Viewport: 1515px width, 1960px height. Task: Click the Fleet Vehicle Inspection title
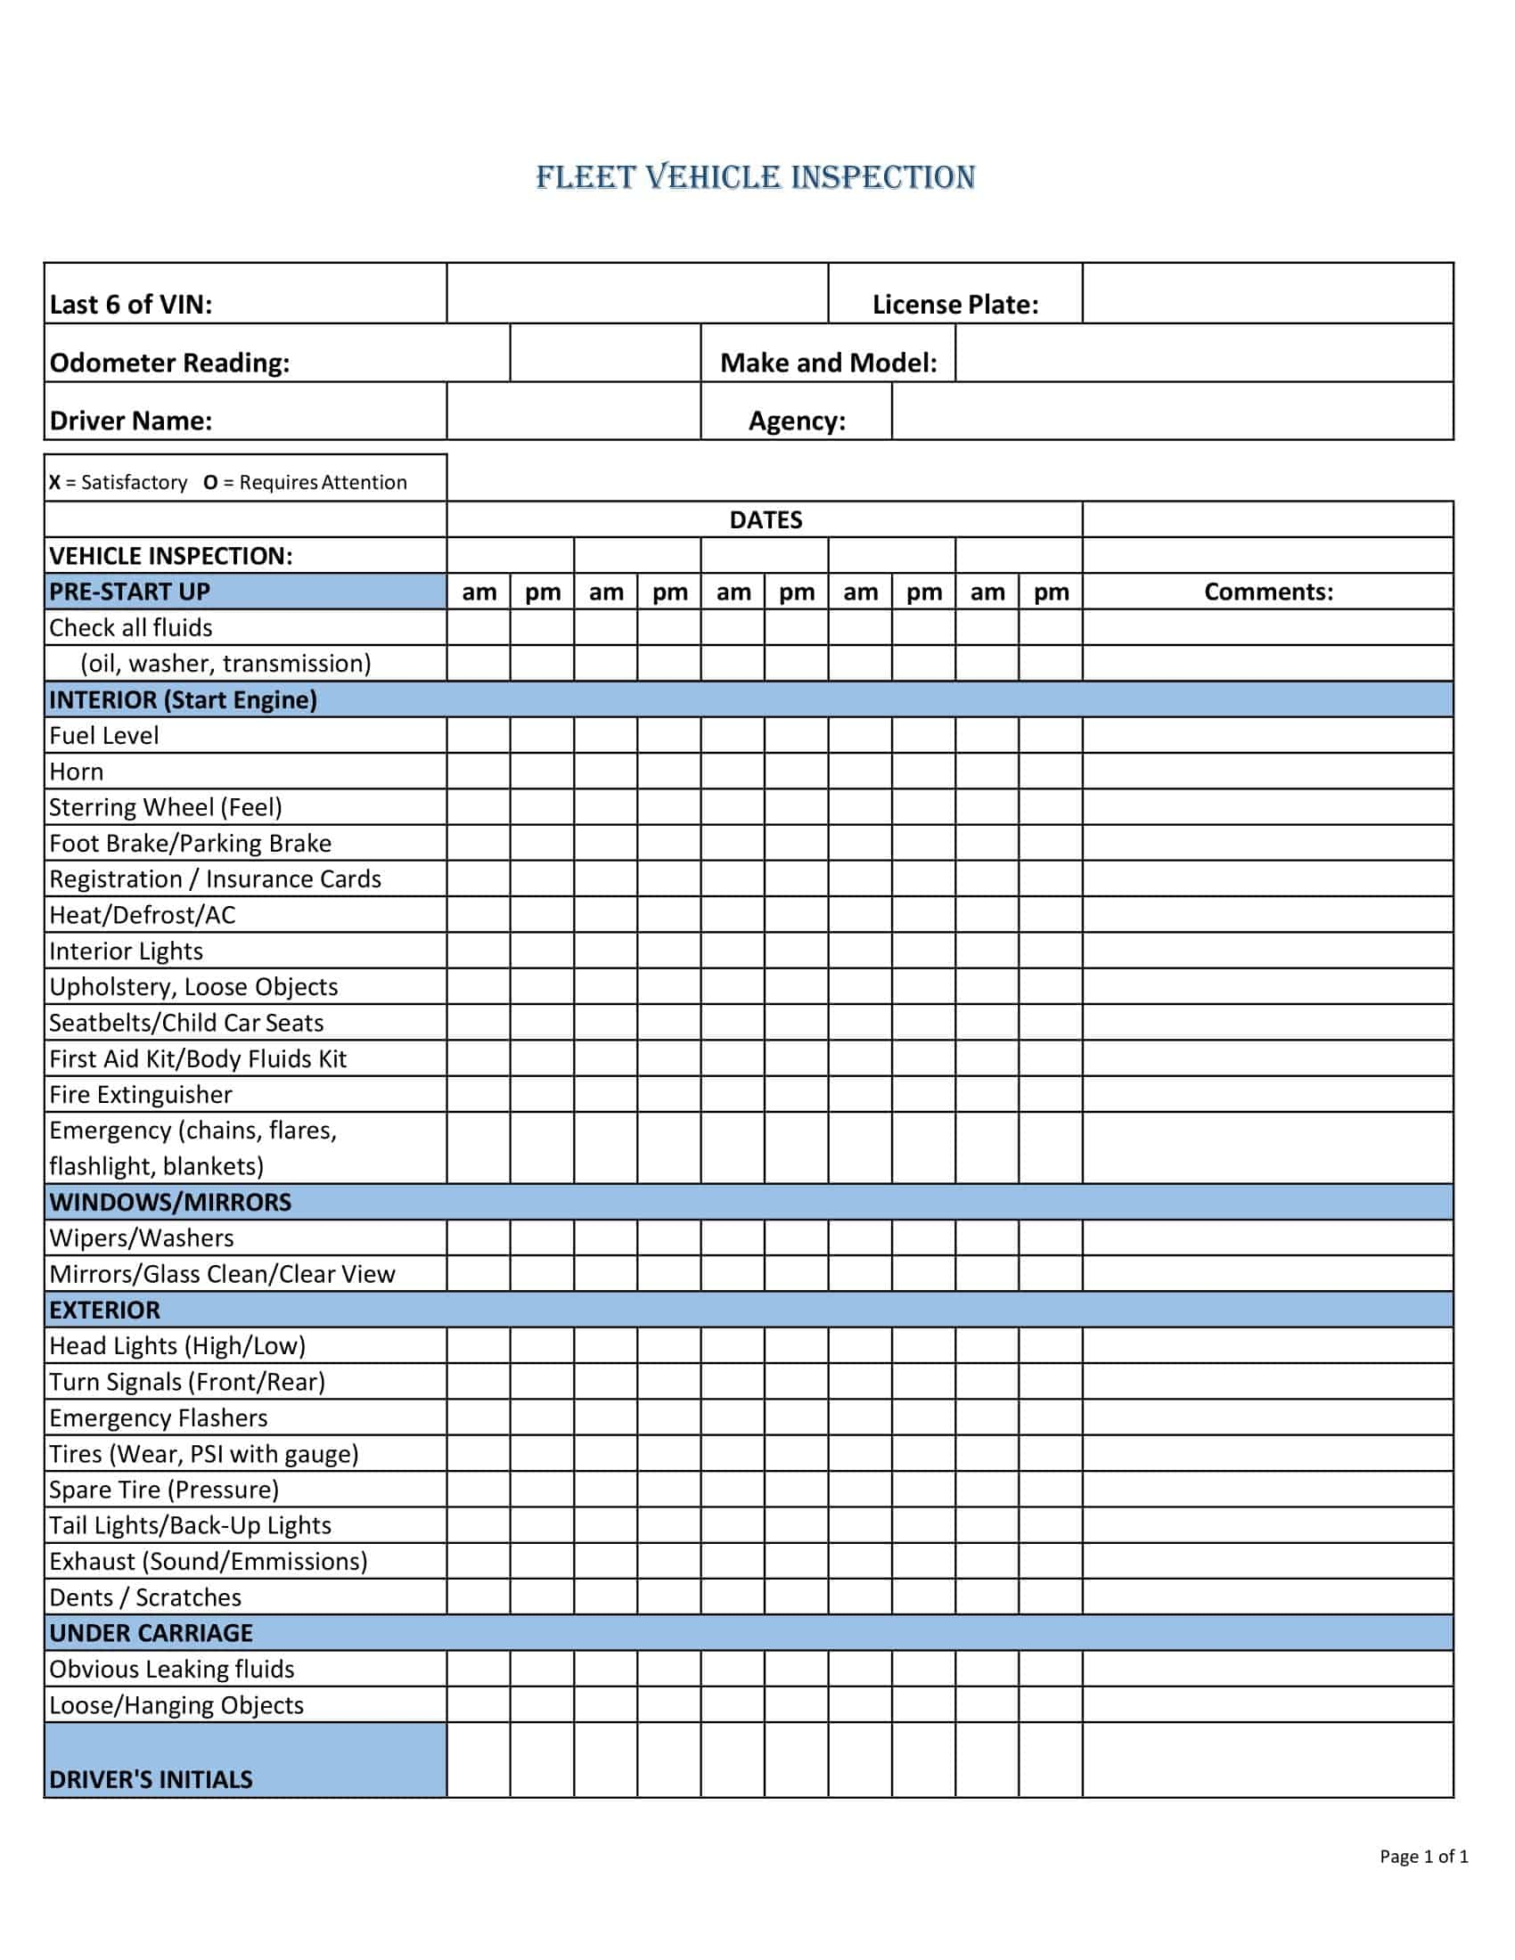(x=755, y=176)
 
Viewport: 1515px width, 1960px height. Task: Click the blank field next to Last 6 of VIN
(x=636, y=293)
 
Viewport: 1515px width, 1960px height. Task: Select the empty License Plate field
(x=1266, y=293)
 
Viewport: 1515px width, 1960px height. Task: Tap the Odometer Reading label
(x=169, y=363)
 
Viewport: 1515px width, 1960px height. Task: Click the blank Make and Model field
(x=1203, y=354)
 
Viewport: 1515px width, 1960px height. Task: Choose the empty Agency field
(x=1171, y=412)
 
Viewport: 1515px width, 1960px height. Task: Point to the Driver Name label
(x=131, y=421)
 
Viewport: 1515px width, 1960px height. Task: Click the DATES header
(x=765, y=519)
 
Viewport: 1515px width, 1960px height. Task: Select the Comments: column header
(x=1267, y=592)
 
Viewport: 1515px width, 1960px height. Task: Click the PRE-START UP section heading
(x=130, y=592)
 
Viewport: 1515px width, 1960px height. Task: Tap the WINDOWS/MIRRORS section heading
(x=170, y=1202)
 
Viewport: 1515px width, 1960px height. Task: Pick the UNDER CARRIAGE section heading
(x=151, y=1632)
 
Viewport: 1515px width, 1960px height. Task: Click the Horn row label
(x=77, y=772)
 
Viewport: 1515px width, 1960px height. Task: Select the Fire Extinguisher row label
(x=141, y=1095)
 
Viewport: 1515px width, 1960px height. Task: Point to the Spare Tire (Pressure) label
(x=164, y=1490)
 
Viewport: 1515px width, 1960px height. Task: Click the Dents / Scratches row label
(x=145, y=1597)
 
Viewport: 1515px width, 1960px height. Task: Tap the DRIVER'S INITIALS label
(x=151, y=1779)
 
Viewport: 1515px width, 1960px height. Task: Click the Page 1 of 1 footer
(x=1423, y=1856)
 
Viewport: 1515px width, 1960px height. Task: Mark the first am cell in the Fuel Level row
(x=479, y=735)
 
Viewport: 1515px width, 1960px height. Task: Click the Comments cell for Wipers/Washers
(x=1267, y=1237)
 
